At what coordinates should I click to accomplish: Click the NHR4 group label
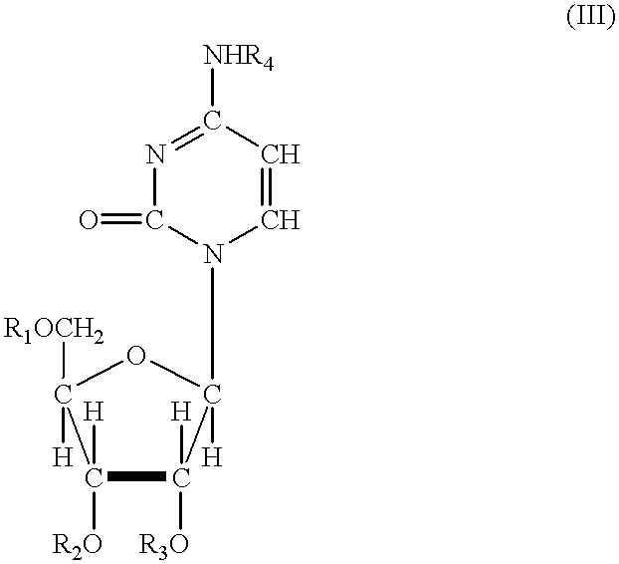click(x=239, y=58)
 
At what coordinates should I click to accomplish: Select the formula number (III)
click(x=590, y=18)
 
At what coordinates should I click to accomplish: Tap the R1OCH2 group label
click(x=54, y=331)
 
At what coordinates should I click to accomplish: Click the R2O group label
click(x=78, y=546)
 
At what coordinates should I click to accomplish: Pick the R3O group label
click(x=163, y=546)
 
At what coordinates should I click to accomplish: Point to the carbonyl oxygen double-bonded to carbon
click(x=88, y=220)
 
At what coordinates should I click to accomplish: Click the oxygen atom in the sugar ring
click(x=136, y=356)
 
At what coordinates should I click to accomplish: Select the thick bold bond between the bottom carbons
click(x=137, y=476)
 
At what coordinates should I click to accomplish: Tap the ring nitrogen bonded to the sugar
click(x=213, y=253)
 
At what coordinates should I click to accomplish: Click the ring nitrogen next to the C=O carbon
click(x=155, y=154)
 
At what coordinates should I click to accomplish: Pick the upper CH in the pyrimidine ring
click(x=281, y=154)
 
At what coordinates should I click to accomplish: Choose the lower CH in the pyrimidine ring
click(x=281, y=220)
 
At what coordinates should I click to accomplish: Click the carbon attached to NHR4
click(x=212, y=121)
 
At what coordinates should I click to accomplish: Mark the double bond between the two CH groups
click(x=267, y=186)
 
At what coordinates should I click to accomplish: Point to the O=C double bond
click(x=120, y=220)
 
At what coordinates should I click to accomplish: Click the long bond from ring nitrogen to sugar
click(x=213, y=325)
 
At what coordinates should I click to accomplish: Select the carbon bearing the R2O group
click(x=94, y=477)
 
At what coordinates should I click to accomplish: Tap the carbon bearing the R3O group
click(x=181, y=477)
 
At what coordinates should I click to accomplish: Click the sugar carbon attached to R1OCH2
click(x=63, y=395)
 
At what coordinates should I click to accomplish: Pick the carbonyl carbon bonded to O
click(x=155, y=220)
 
